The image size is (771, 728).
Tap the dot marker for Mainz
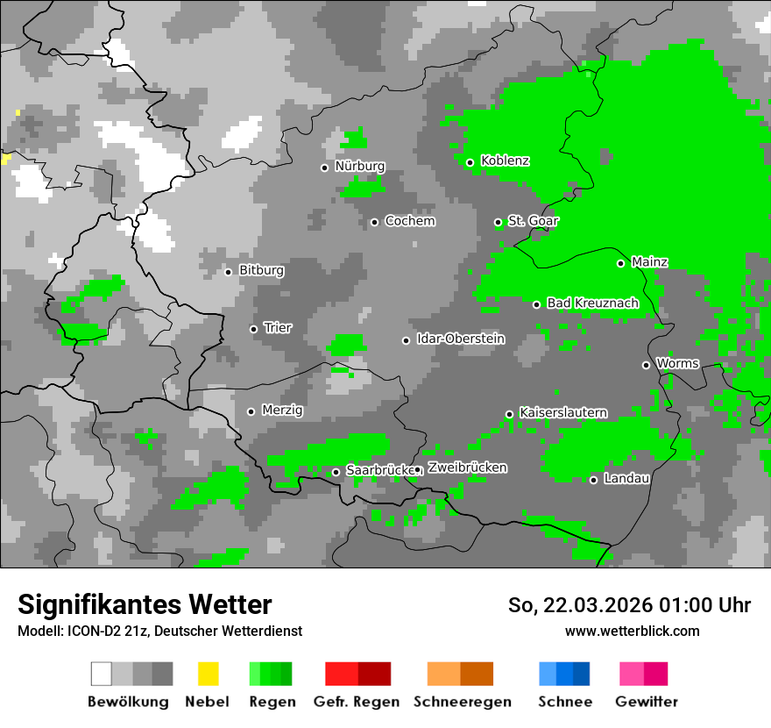[x=620, y=263]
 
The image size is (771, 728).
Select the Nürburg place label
[x=359, y=167]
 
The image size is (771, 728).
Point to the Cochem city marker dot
[x=374, y=222]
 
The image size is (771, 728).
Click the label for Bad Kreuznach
[x=592, y=303]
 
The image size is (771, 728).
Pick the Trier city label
[x=278, y=328]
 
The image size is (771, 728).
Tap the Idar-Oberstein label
[x=461, y=339]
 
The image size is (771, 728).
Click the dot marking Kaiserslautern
[x=509, y=414]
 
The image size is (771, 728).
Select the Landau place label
[x=626, y=479]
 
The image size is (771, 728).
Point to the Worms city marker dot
[x=646, y=365]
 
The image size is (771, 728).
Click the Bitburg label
[x=261, y=271]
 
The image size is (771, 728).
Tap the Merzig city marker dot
[x=251, y=411]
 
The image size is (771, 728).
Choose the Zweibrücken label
[x=467, y=468]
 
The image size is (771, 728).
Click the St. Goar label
[x=533, y=222]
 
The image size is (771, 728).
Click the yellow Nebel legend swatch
[x=208, y=674]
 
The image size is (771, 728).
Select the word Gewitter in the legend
[x=646, y=702]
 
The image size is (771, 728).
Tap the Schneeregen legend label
[x=462, y=702]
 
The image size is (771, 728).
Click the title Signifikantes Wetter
[x=145, y=604]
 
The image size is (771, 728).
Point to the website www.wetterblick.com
[x=632, y=631]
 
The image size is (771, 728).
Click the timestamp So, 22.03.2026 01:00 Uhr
[x=629, y=605]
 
